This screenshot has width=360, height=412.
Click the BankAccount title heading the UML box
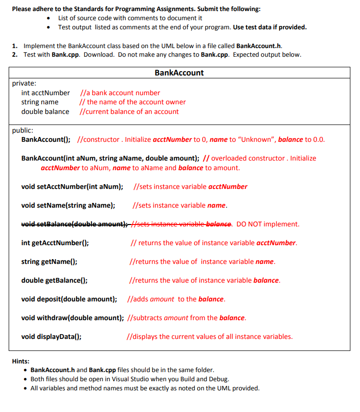tap(179, 73)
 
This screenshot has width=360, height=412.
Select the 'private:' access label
tap(24, 83)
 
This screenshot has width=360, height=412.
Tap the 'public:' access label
tap(23, 130)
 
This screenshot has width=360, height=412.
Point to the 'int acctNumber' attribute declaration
tap(45, 93)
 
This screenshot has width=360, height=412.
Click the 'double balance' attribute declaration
tap(45, 112)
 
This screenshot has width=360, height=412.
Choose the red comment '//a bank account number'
tap(120, 93)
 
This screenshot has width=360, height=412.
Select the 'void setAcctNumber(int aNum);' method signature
tap(72, 187)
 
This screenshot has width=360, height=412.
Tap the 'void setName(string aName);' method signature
tap(68, 205)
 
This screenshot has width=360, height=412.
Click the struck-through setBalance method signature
tap(75, 224)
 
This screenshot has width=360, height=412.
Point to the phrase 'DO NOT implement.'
tap(268, 224)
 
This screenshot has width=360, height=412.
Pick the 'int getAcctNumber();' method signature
tap(55, 243)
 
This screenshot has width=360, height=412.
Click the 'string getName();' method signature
tap(49, 262)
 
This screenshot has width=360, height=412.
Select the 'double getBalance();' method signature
tap(54, 280)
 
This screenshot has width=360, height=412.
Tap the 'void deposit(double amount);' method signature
tap(69, 299)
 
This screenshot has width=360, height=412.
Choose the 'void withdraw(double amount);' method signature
tap(72, 318)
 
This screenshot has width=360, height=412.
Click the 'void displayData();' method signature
tap(51, 337)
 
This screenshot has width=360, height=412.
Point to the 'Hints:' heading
tap(20, 361)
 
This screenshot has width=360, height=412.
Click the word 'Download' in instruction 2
tap(101, 54)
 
